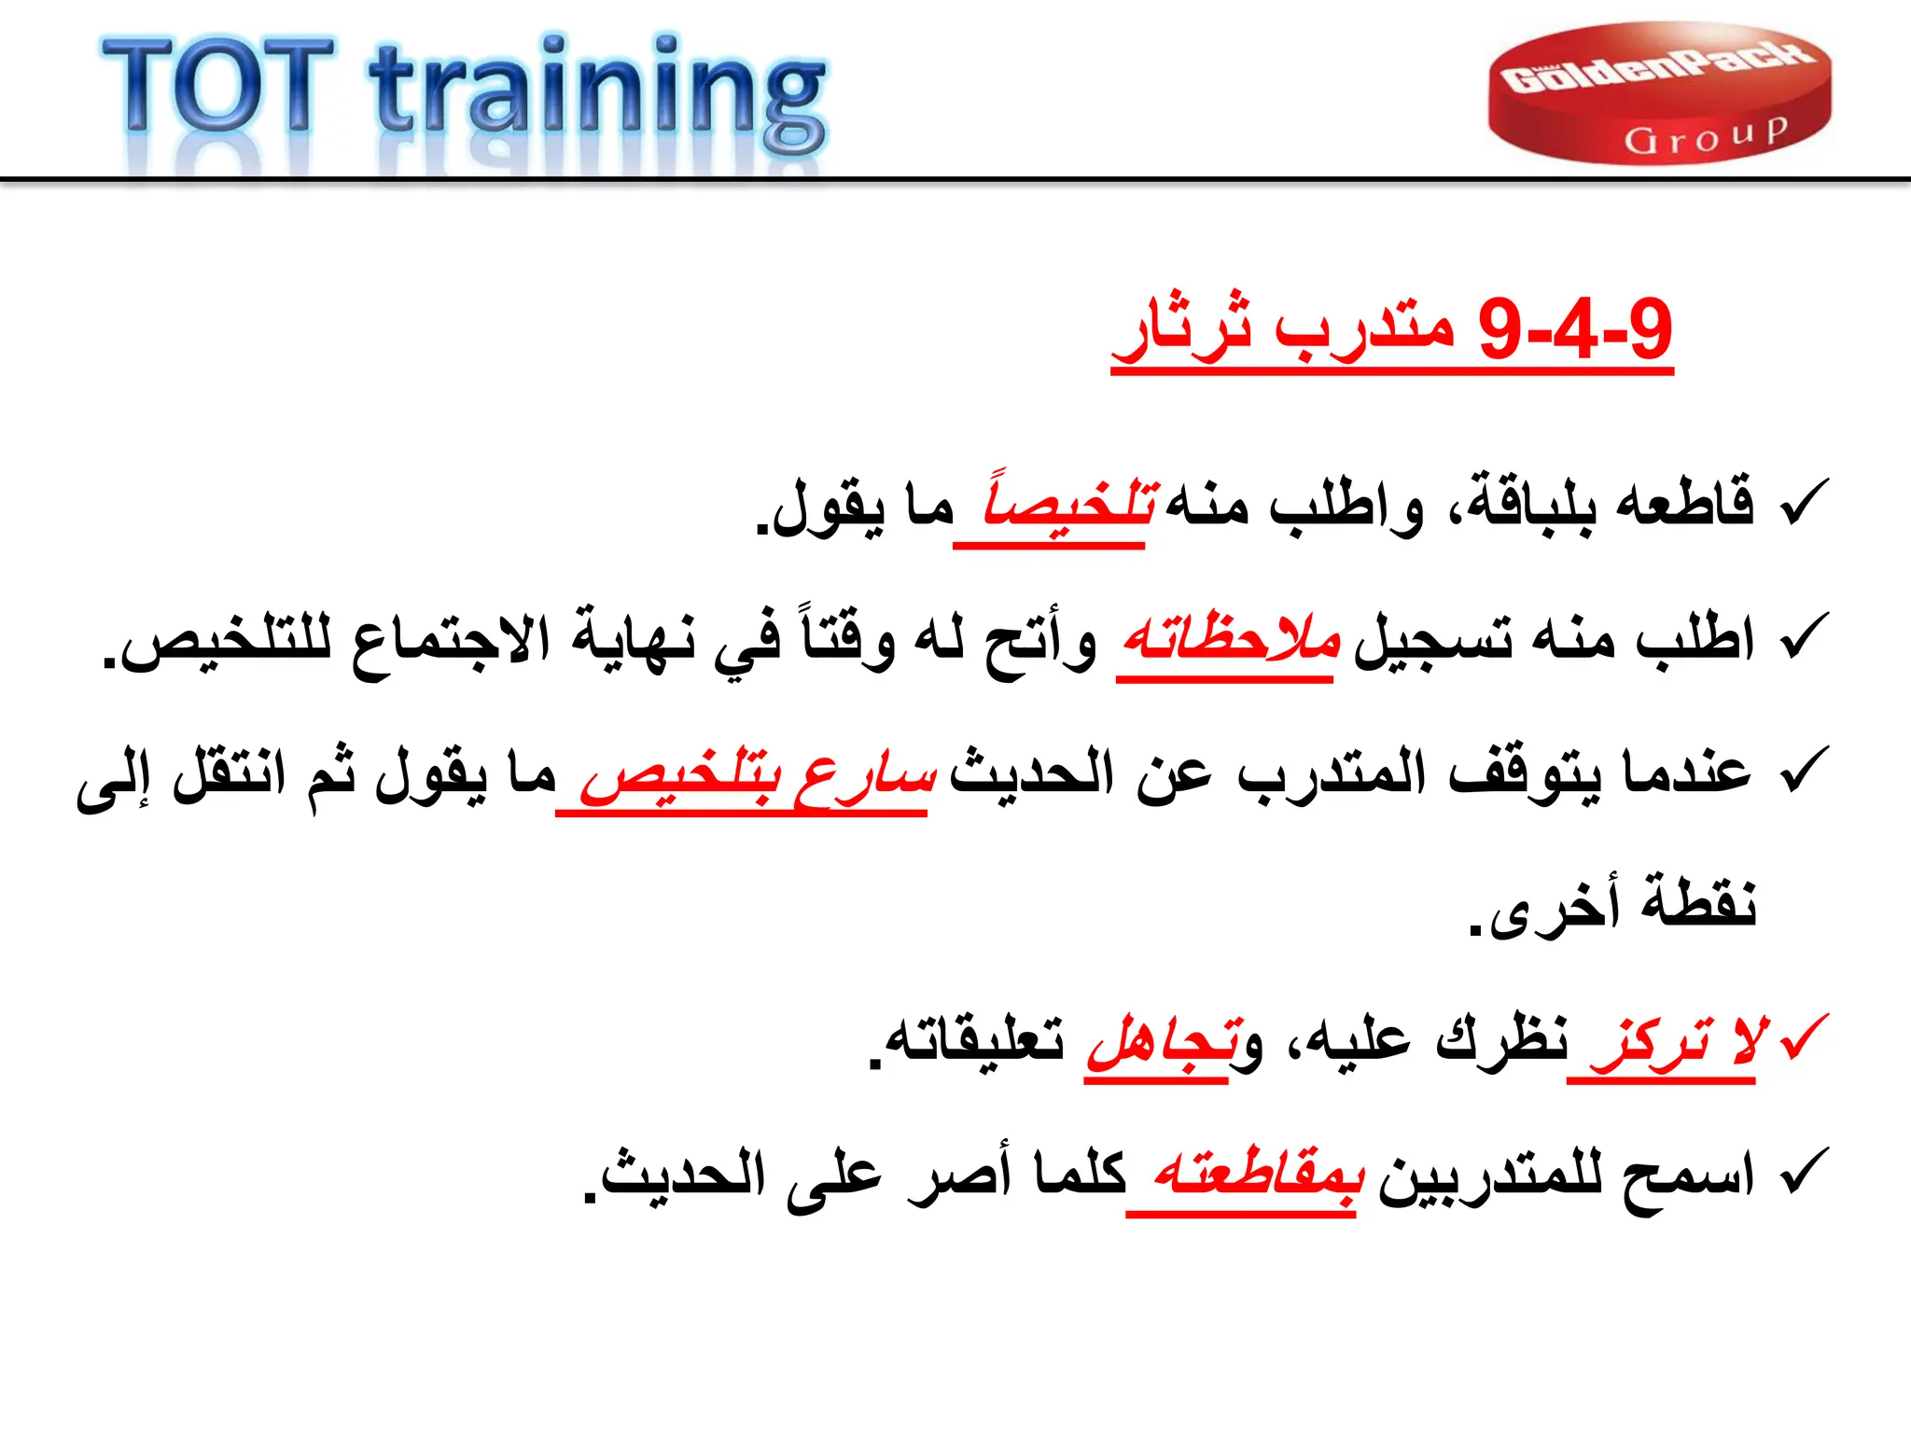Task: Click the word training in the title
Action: [x=597, y=93]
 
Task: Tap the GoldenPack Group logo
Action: [x=1658, y=93]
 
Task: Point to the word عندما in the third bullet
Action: [x=1687, y=773]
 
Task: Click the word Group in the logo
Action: [x=1706, y=136]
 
